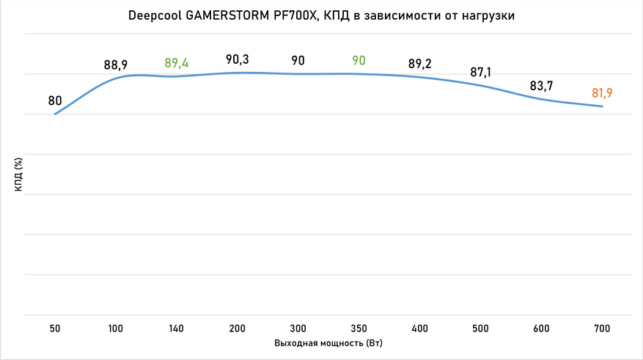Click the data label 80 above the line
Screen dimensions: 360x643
(55, 100)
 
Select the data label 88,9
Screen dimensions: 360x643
(116, 65)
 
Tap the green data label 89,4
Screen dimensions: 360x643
(177, 63)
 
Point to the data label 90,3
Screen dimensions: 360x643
(238, 59)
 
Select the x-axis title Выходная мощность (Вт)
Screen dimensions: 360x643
(328, 343)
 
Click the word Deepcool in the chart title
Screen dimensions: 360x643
(153, 17)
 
